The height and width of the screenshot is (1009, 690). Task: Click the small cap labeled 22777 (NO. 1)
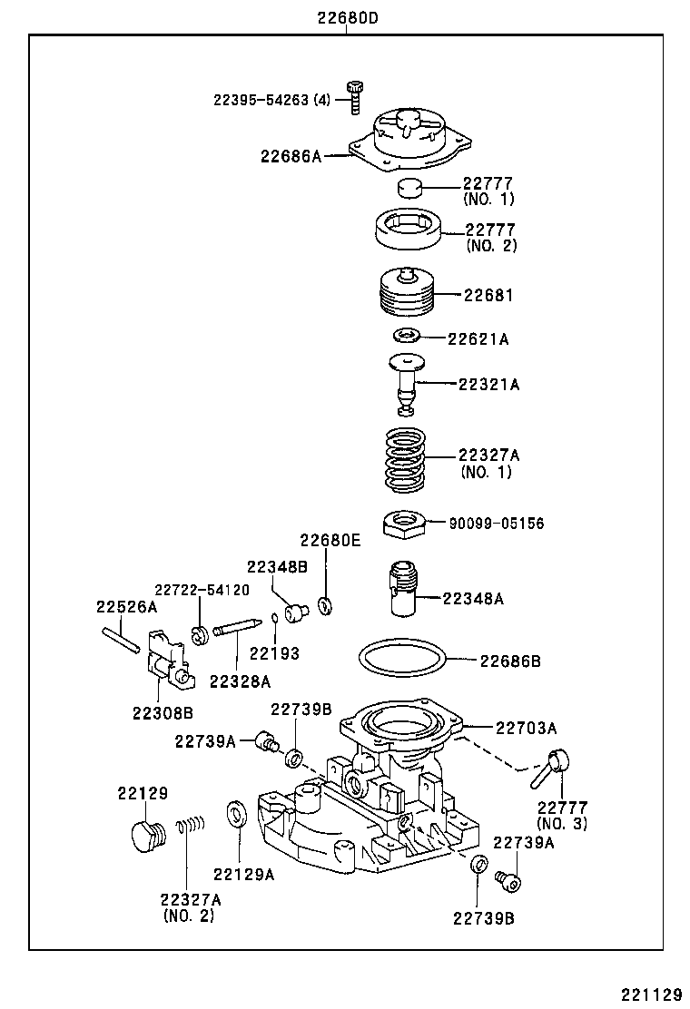[x=411, y=189]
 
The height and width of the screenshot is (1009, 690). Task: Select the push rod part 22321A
[x=408, y=383]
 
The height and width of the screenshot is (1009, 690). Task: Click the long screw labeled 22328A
[x=240, y=628]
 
